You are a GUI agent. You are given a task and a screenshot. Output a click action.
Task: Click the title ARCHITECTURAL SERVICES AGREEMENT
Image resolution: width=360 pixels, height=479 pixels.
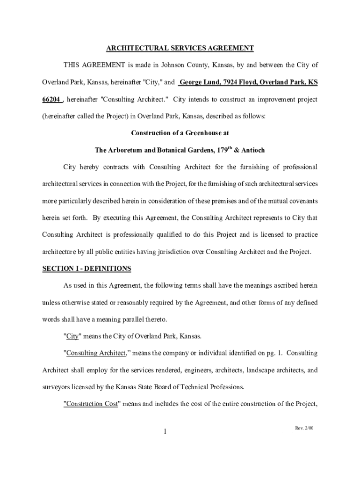pos(180,48)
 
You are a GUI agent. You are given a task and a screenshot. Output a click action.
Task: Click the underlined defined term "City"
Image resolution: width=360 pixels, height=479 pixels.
pos(72,336)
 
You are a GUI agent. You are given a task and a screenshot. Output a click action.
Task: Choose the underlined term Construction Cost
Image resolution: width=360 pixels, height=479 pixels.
pos(92,404)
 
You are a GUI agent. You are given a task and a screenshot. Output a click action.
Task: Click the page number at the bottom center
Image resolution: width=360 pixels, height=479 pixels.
pos(165,431)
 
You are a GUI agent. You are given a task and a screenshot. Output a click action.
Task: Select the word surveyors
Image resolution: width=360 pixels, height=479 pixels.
pos(57,387)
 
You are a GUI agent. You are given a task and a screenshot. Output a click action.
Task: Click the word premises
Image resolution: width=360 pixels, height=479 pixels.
pos(223,201)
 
